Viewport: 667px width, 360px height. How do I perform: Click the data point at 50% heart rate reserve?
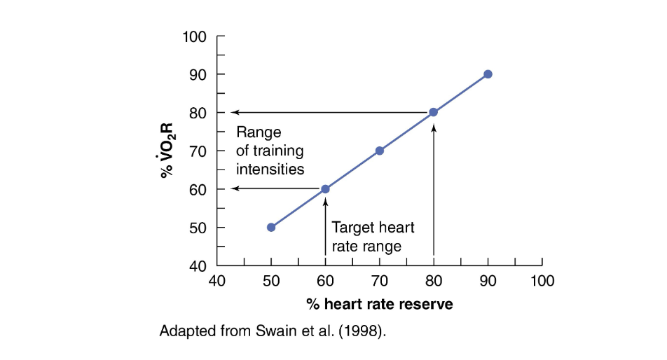click(x=271, y=227)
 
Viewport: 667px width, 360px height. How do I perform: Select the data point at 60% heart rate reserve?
click(x=325, y=189)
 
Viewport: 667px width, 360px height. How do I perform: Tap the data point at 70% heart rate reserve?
click(x=380, y=151)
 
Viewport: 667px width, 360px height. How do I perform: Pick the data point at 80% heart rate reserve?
click(x=434, y=112)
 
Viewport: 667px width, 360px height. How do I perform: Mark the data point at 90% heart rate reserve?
click(x=488, y=74)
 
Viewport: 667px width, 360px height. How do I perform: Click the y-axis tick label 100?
click(x=194, y=36)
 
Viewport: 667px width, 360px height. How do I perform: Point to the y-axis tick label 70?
click(x=198, y=151)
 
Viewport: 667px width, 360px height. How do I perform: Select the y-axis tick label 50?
click(x=198, y=228)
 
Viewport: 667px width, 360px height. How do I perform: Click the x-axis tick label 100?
click(x=542, y=282)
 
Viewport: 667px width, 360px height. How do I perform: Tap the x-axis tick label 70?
click(x=380, y=282)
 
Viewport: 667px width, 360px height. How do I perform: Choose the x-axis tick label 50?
click(x=271, y=282)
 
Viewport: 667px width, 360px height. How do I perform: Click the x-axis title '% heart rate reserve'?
click(x=379, y=305)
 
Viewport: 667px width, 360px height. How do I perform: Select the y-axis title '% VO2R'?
click(x=167, y=151)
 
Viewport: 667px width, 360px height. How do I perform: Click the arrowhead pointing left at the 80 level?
click(x=235, y=112)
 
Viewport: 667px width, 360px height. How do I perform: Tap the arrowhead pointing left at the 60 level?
click(x=235, y=189)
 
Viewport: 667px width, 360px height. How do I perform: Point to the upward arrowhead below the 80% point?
click(x=434, y=127)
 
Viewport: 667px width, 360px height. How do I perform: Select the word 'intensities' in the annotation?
click(x=270, y=169)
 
